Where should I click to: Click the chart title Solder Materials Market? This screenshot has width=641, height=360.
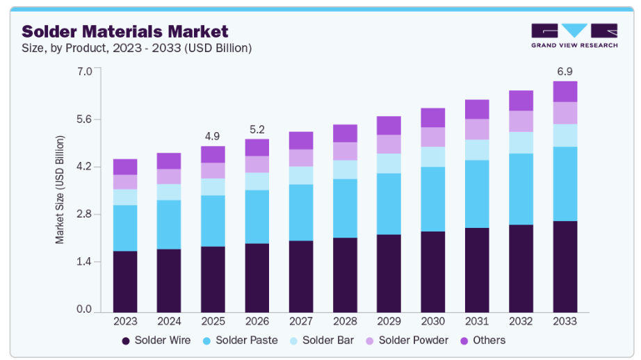[125, 31]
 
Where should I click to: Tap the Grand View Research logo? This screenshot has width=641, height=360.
[574, 36]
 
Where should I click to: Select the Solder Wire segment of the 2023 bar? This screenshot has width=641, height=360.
[125, 281]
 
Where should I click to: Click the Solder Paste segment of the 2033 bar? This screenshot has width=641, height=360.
[565, 183]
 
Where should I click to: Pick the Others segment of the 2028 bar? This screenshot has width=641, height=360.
[345, 133]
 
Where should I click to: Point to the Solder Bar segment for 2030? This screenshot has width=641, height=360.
[433, 156]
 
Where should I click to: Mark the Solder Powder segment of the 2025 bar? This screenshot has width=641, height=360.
[213, 170]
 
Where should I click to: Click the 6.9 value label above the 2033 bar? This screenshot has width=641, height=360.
[565, 72]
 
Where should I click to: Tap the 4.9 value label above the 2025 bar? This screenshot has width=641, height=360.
[213, 136]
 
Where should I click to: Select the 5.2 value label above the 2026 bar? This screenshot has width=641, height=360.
[257, 129]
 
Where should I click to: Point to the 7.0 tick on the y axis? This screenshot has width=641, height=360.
[83, 72]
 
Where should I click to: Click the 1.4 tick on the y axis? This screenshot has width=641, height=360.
[83, 262]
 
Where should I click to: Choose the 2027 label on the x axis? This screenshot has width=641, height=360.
[301, 322]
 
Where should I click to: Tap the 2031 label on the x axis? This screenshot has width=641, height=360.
[477, 322]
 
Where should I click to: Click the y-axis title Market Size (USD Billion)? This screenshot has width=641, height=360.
[60, 190]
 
